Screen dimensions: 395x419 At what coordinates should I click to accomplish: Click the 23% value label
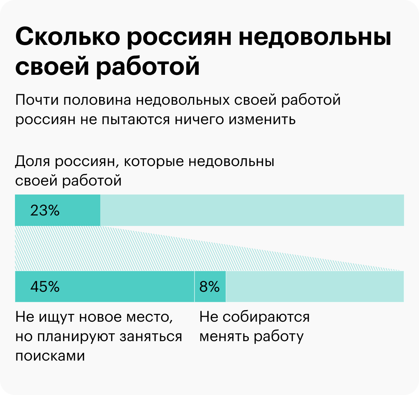point(45,211)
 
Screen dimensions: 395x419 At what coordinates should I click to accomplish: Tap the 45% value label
point(45,287)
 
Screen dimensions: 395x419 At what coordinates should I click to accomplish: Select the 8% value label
point(209,287)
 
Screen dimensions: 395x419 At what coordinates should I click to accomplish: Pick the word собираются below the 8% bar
point(266,317)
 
